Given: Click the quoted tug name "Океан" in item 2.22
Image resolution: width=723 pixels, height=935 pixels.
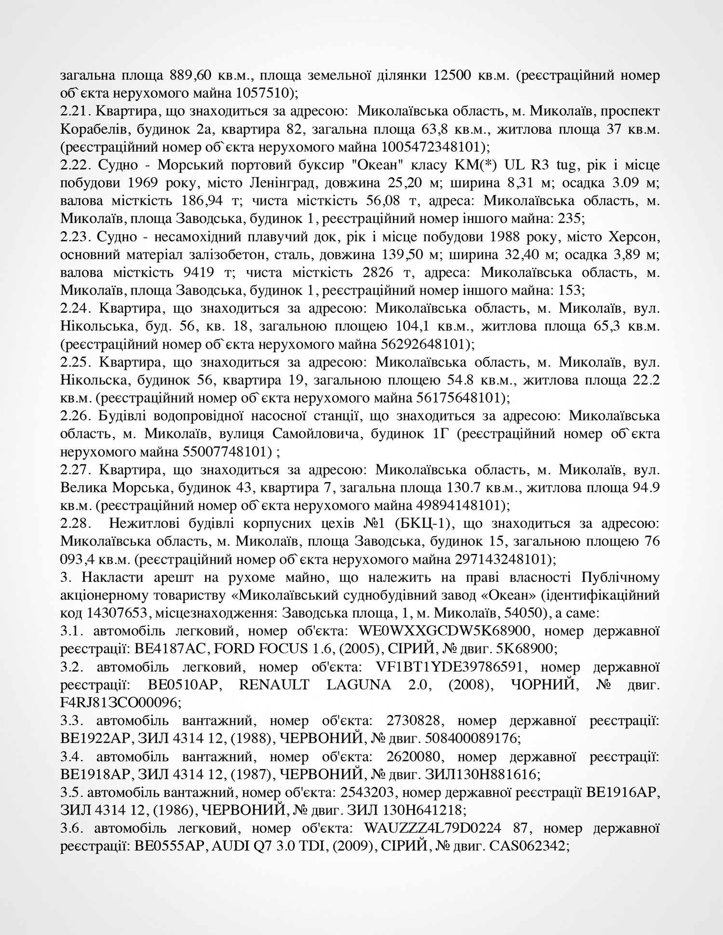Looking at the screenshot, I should tap(377, 165).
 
